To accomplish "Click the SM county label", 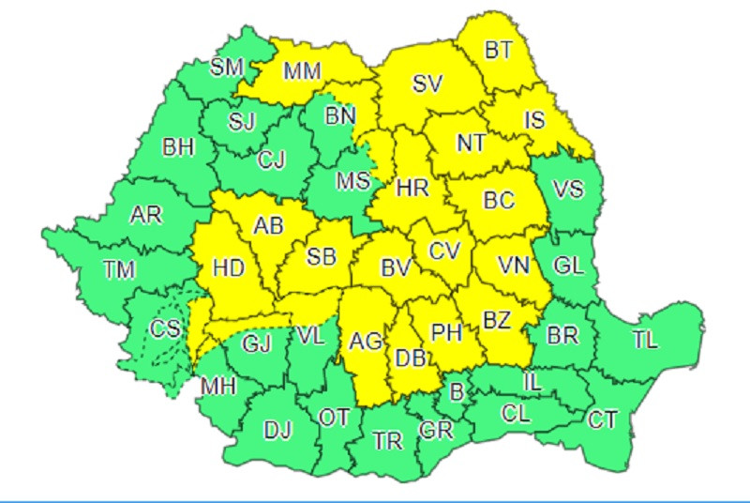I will tap(227, 67).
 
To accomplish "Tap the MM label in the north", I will tap(302, 71).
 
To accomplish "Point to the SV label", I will tap(427, 83).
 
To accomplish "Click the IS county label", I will tap(533, 119).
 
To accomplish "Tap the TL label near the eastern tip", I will tap(645, 342).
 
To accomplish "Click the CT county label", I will tap(602, 419).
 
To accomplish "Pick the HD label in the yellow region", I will tap(229, 267).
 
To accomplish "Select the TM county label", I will tap(120, 270).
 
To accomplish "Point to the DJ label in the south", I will tap(277, 431).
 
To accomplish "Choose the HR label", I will tap(412, 188).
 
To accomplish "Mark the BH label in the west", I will tap(178, 147).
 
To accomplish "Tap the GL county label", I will tap(568, 266).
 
